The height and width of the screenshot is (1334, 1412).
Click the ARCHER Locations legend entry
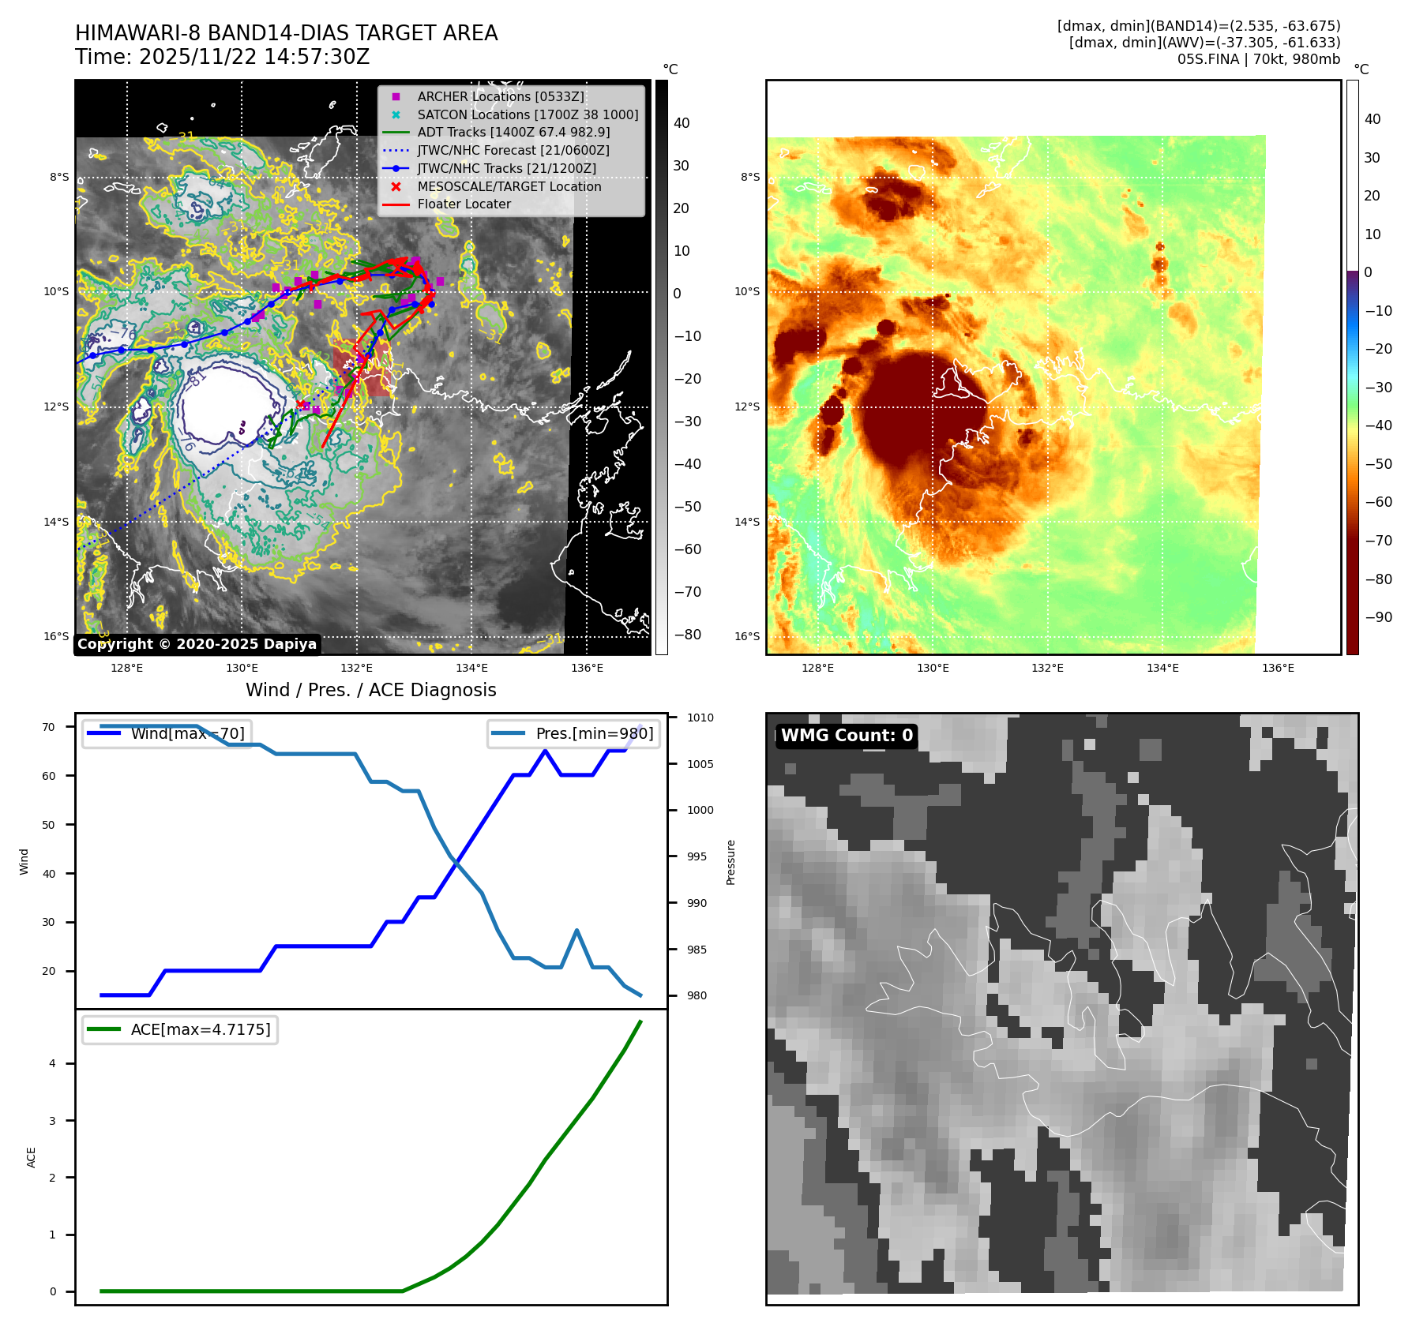pos(501,96)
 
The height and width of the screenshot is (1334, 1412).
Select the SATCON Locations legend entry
pos(528,114)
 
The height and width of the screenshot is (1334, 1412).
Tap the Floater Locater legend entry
pos(464,204)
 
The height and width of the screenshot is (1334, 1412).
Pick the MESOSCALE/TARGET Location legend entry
pos(509,186)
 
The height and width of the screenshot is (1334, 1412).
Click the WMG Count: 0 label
pos(847,736)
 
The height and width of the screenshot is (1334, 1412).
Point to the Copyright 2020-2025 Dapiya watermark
pos(197,644)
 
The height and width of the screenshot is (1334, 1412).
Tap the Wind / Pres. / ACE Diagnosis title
pos(370,690)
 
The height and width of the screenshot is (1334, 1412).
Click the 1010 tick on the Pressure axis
pos(700,718)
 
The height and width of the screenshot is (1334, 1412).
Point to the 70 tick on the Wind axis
pos(49,727)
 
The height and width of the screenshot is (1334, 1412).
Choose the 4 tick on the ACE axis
pos(53,1063)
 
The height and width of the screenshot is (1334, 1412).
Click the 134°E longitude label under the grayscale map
pos(471,668)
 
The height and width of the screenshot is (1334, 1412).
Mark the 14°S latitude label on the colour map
pos(747,522)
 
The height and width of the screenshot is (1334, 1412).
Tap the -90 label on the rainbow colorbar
pos(1379,617)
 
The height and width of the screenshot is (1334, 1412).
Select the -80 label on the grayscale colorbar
pos(687,635)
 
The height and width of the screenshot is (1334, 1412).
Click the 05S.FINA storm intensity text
pos(1258,59)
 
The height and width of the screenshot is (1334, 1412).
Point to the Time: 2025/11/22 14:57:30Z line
pos(222,57)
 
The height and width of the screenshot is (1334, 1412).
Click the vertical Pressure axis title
pos(730,862)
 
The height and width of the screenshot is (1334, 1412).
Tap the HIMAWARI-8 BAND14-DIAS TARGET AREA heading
pos(286,33)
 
